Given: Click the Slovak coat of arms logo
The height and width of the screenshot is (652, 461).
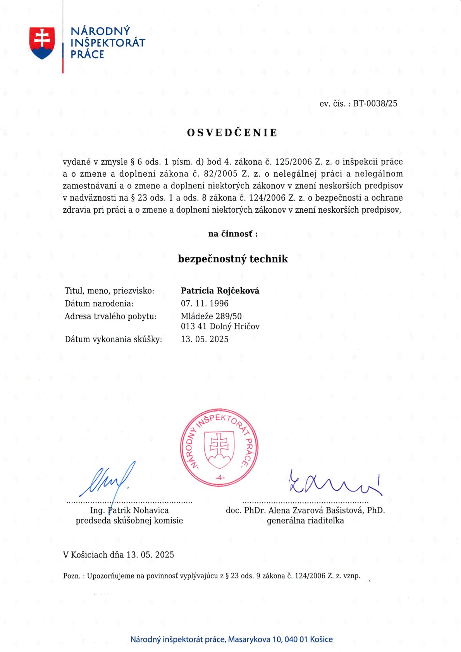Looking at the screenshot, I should tap(42, 43).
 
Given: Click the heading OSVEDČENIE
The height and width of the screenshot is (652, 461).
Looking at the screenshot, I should tap(232, 133).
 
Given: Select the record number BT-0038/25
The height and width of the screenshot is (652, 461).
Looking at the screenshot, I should tap(375, 103).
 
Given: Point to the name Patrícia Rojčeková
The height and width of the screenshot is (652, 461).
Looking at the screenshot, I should tap(220, 291).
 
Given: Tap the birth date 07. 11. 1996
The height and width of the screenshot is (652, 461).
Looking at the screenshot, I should tap(205, 303).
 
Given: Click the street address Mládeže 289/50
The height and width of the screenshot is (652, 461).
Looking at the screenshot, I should tap(211, 316).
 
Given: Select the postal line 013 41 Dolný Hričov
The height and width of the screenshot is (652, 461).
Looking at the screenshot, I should tap(220, 326).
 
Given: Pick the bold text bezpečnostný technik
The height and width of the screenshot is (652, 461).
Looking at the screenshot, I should tap(233, 259).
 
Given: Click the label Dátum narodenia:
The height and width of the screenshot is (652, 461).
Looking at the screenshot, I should tap(99, 303).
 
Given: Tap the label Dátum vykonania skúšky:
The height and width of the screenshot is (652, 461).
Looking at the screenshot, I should tap(113, 339).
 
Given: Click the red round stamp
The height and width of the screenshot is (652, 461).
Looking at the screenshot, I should tap(219, 447).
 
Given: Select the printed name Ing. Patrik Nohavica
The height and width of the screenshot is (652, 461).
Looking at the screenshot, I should tap(129, 510).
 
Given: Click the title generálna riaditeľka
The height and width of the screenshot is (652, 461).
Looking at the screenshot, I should tap(305, 521).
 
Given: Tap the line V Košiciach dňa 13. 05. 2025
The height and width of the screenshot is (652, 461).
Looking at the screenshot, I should tap(119, 555).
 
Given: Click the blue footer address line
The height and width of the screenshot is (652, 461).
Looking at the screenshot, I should tap(231, 639).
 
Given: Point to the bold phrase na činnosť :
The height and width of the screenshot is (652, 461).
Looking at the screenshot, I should tap(233, 234).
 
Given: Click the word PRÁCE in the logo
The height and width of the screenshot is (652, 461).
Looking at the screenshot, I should tap(87, 55).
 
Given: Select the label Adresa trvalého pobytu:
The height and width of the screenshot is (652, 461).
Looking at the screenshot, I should tap(110, 316).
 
